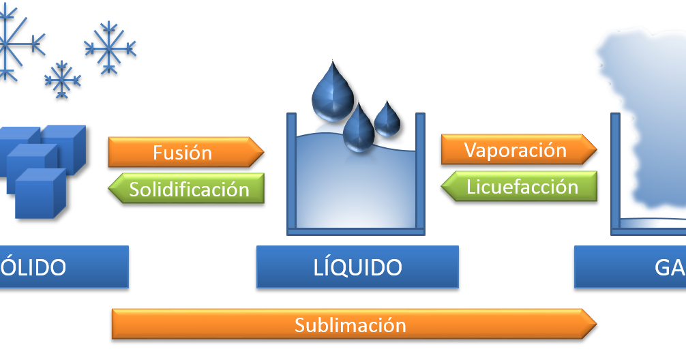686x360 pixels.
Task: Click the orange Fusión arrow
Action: point(184,152)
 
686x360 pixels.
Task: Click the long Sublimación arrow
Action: point(351,325)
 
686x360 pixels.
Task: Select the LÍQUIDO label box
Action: point(357,267)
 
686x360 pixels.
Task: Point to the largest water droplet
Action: point(331,92)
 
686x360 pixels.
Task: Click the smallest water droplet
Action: point(387,120)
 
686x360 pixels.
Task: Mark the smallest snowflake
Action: point(62,78)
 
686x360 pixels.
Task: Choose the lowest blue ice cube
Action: point(40,194)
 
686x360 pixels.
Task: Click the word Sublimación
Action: point(351,325)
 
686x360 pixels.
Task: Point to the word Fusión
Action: point(182,152)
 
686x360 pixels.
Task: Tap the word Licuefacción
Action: point(522,187)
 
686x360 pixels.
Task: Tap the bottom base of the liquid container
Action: point(356,231)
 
